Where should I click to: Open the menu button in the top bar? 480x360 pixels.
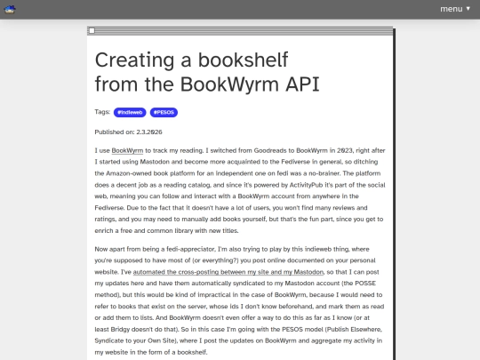point(455,9)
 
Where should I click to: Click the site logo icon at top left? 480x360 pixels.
point(13,10)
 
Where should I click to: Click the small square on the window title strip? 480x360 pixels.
point(92,31)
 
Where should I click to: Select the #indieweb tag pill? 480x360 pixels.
point(130,113)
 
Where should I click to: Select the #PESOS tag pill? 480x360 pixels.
point(164,113)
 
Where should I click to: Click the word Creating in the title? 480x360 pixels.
point(135,60)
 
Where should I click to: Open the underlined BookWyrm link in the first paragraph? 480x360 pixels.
point(128,152)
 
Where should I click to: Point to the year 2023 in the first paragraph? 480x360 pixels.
point(348,152)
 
